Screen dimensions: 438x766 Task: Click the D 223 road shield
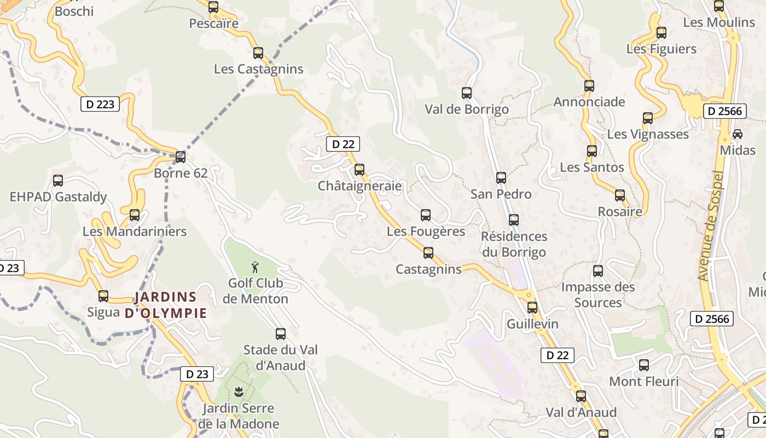tap(100, 104)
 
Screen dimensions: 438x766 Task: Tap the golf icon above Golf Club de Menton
tap(255, 267)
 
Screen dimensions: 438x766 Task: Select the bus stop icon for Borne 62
tap(181, 157)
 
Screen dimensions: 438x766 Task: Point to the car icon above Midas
tap(738, 134)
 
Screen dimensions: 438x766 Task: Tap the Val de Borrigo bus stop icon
tap(467, 93)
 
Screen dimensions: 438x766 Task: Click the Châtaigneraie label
tap(359, 186)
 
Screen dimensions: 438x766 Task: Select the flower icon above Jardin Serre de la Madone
tap(239, 392)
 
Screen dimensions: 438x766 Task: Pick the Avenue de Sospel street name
tap(711, 227)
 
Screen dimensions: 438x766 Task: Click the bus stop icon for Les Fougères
tap(426, 215)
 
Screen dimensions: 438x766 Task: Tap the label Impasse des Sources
tap(598, 295)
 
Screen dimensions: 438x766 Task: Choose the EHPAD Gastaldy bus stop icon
tap(58, 181)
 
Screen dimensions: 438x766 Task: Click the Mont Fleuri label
tap(643, 381)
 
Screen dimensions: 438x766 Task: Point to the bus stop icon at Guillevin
tap(532, 308)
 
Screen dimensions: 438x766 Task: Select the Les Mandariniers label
tap(135, 232)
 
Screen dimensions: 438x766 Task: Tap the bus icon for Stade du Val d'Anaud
tap(281, 333)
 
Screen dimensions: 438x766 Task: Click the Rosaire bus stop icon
tap(620, 195)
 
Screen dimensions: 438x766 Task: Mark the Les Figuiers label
tap(661, 49)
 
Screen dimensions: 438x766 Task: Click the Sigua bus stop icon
tap(103, 296)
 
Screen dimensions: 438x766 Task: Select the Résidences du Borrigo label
tap(514, 244)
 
